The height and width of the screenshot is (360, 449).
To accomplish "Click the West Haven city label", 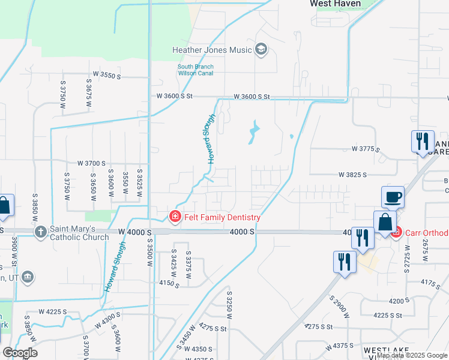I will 335,4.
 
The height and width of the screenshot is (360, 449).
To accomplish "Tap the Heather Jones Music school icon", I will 261,49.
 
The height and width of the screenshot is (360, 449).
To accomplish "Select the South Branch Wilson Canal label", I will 195,70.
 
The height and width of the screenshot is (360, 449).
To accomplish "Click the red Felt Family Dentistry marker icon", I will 175,216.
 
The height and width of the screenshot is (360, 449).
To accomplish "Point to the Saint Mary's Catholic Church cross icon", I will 40,232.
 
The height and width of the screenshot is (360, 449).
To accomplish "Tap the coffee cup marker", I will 393,197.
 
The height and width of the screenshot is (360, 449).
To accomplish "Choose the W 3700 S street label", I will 91,163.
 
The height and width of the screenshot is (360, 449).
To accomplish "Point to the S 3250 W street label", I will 229,303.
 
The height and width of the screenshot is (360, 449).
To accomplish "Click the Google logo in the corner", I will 19,353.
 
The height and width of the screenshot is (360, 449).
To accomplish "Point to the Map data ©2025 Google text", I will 412,356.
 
